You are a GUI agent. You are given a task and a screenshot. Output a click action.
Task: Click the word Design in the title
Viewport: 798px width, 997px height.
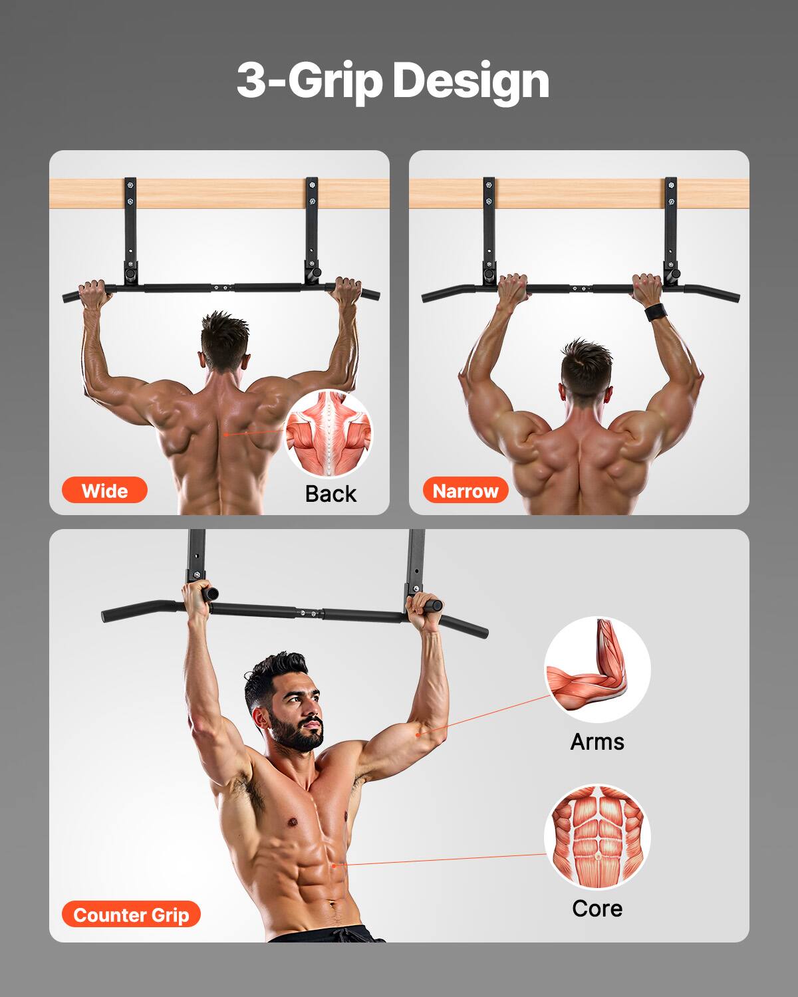click(470, 80)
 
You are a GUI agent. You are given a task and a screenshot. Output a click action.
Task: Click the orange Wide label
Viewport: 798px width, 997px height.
click(104, 491)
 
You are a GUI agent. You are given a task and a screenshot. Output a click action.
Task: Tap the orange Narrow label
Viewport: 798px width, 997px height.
click(465, 491)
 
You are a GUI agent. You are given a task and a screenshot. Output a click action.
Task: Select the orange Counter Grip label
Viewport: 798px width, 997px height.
click(131, 915)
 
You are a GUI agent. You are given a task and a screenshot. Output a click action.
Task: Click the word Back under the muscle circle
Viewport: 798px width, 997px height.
click(331, 494)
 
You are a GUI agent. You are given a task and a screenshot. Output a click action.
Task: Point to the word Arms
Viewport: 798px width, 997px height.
click(597, 741)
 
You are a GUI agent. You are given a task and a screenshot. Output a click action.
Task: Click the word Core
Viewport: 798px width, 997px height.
click(597, 908)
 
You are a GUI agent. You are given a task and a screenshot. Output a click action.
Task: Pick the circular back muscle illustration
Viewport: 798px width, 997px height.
click(329, 435)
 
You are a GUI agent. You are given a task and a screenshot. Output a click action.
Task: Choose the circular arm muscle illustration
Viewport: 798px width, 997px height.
click(597, 669)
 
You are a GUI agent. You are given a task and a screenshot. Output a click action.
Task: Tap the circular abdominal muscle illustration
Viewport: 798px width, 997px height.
click(597, 837)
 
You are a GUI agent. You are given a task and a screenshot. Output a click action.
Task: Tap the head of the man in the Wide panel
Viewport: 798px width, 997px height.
click(225, 339)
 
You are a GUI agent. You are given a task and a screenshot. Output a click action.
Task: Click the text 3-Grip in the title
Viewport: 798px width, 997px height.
click(309, 80)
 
